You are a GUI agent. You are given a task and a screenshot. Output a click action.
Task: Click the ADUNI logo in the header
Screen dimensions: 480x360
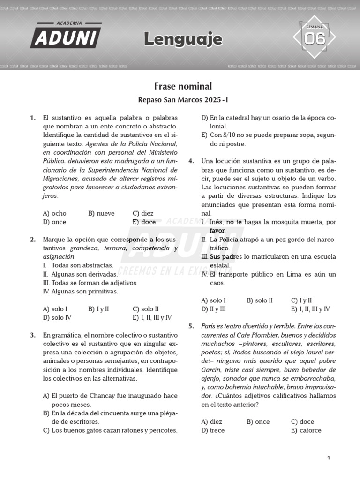click(x=66, y=36)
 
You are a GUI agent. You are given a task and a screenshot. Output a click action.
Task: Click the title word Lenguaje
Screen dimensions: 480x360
click(x=183, y=39)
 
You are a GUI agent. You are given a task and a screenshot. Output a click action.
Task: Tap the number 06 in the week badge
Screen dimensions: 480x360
click(x=315, y=39)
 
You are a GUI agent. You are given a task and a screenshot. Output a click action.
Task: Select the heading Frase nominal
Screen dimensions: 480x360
click(x=183, y=86)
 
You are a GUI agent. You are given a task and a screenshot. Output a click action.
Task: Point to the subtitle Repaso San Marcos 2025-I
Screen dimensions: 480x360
click(x=183, y=100)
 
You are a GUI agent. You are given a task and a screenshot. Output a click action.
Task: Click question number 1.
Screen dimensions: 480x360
click(x=33, y=118)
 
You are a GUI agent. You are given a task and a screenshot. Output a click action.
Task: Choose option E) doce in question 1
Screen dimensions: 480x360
click(x=144, y=222)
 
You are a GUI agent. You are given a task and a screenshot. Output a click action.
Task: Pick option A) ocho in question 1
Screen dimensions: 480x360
click(x=54, y=213)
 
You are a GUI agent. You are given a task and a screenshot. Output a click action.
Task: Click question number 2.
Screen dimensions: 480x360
click(x=33, y=240)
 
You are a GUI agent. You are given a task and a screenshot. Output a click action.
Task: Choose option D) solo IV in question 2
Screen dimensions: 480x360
click(x=57, y=317)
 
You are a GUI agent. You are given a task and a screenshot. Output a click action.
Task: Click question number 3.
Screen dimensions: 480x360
click(x=33, y=335)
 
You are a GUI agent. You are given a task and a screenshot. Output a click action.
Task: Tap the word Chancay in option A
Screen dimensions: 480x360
click(x=106, y=396)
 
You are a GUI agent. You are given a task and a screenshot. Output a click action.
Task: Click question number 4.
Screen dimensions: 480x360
click(x=191, y=161)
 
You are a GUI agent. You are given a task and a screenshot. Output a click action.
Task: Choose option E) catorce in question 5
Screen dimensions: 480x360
click(x=306, y=430)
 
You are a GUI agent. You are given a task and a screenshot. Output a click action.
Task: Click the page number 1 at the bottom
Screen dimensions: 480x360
click(x=329, y=458)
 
